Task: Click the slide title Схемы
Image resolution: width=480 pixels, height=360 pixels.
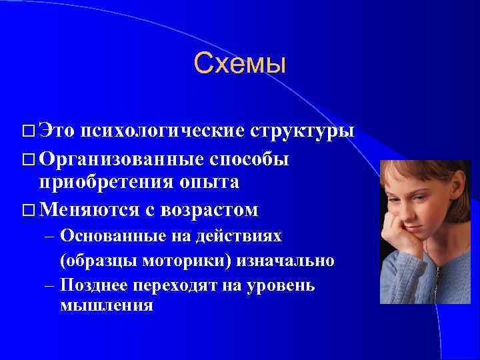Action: click(239, 64)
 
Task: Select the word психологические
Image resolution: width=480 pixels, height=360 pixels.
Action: click(163, 131)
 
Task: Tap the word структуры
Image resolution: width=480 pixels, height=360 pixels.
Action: click(302, 131)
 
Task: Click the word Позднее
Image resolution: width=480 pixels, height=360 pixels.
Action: click(92, 285)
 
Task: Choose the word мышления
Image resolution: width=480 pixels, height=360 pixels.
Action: click(106, 306)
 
